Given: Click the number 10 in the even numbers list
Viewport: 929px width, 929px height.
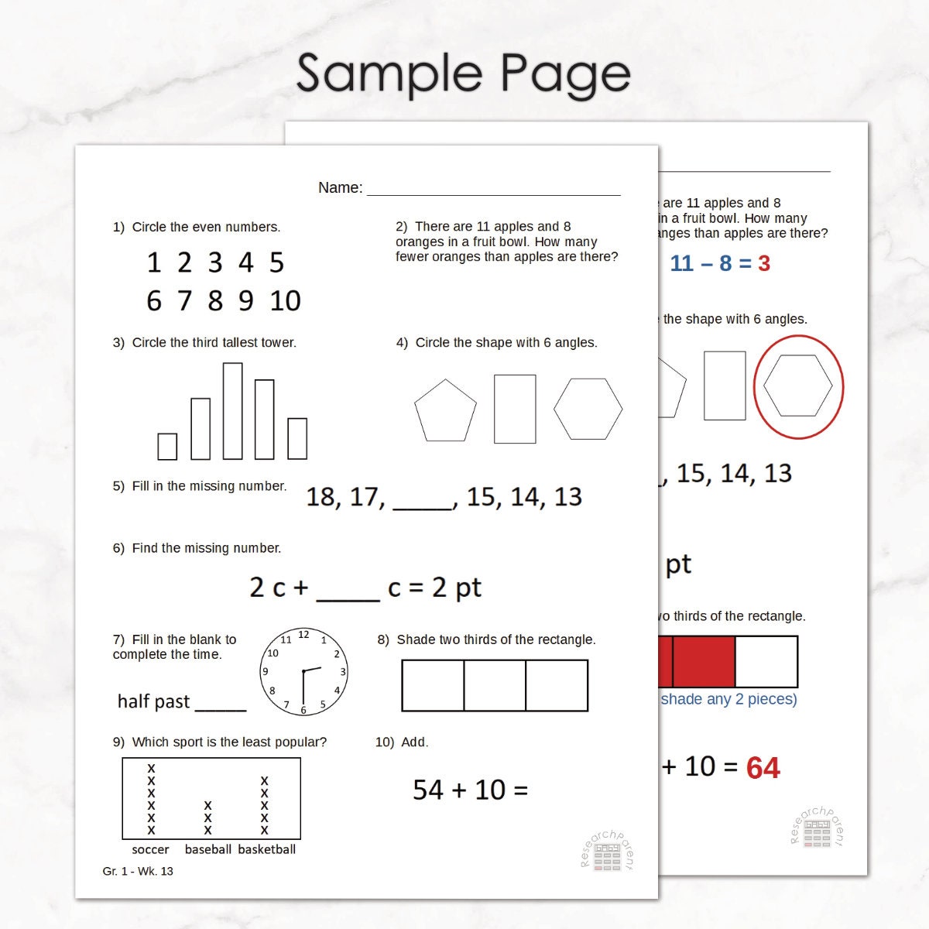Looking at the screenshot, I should coord(285,300).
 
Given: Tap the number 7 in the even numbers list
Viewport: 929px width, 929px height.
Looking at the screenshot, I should coord(184,300).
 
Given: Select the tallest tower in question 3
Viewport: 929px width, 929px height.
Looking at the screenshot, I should coord(232,411).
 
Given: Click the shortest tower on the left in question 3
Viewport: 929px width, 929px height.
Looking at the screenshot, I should coord(167,446).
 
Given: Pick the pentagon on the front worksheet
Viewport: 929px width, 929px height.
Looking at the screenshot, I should coord(445,411).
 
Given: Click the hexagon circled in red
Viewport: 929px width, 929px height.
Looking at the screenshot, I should coord(797,386).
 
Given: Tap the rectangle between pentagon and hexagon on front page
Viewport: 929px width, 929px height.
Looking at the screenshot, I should coord(515,409).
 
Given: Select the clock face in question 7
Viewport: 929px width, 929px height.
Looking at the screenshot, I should coord(303,672).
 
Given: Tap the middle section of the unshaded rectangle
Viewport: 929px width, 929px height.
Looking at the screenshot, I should coord(495,685).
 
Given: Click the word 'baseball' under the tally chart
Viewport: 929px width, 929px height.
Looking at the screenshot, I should coord(207,849).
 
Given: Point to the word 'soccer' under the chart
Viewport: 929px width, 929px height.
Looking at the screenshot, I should coord(150,849).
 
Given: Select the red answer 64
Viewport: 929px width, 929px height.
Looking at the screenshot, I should coord(763,768).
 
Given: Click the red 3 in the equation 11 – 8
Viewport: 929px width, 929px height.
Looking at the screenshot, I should coord(764,264).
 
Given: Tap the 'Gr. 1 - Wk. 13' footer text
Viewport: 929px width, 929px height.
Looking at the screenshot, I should coord(138,871).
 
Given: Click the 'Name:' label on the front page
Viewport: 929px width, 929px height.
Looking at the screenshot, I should coord(340,187).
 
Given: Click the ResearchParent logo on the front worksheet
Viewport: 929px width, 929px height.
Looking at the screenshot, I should coord(607,852).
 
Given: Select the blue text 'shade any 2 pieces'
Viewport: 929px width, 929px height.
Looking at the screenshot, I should coord(728,699).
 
